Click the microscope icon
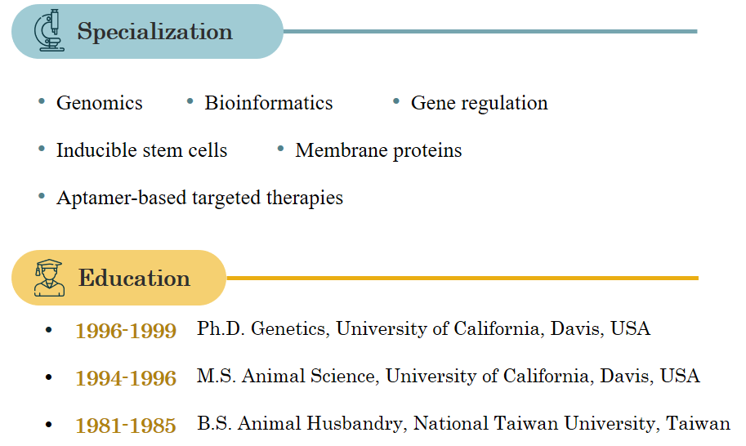(49, 30)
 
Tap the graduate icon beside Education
(49, 278)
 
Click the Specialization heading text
(154, 32)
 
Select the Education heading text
(134, 278)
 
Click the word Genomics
(100, 103)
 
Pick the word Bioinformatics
(268, 103)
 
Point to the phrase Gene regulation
(479, 104)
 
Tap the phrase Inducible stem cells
(142, 150)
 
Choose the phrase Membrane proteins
(378, 151)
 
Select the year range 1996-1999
(126, 331)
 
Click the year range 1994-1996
(126, 378)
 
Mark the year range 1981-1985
(126, 426)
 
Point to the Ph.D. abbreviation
(221, 328)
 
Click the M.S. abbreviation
(217, 376)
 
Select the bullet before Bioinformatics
(190, 100)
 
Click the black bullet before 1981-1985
(48, 425)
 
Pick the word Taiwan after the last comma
(698, 424)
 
